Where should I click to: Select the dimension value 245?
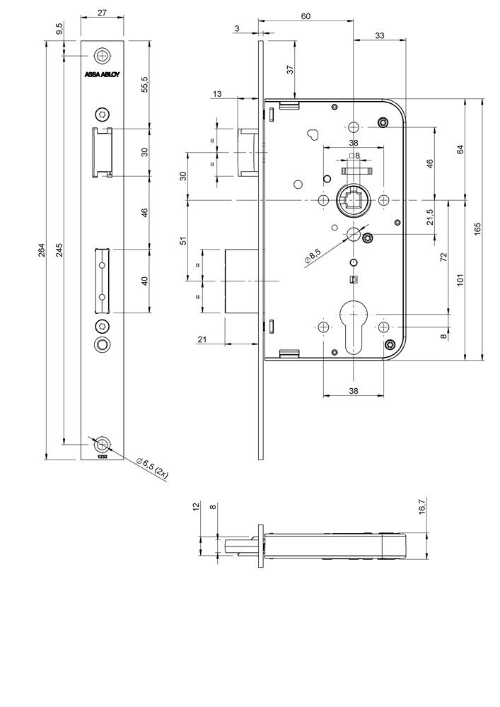tap(59, 251)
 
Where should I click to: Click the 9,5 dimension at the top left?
tap(59, 30)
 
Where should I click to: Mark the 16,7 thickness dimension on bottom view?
tap(423, 507)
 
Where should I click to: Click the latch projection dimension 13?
tap(216, 93)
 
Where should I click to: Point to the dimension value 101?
tap(460, 280)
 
